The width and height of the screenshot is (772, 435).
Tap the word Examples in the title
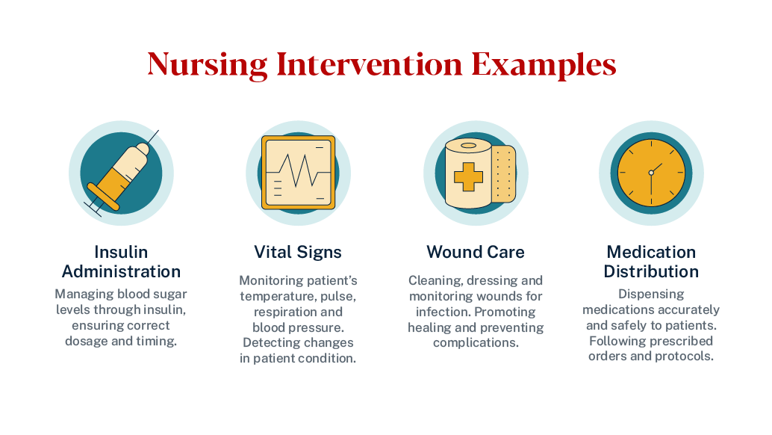[544, 64]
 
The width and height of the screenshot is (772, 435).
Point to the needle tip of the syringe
[158, 132]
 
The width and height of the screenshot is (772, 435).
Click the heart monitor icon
[298, 173]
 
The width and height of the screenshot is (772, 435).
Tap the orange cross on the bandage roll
[468, 176]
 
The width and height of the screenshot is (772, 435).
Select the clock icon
[650, 173]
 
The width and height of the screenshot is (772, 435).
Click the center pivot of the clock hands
[650, 173]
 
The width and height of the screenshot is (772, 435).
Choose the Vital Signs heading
[298, 252]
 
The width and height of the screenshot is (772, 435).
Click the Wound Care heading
[476, 252]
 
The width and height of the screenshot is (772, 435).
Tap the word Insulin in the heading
[121, 252]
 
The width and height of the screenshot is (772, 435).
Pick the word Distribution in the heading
[651, 271]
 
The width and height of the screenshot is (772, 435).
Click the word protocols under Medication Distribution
[685, 357]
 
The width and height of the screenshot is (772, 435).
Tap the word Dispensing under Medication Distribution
[651, 294]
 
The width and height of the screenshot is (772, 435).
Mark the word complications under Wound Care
[476, 343]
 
